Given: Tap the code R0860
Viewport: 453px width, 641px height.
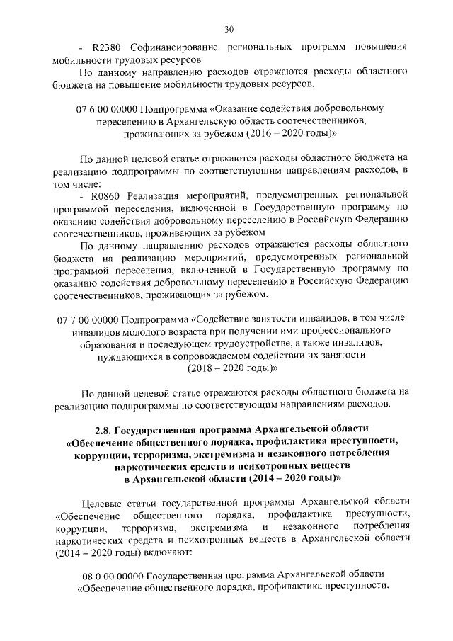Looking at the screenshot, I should (104, 193).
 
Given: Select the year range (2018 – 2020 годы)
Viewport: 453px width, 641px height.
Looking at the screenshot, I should (230, 368).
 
